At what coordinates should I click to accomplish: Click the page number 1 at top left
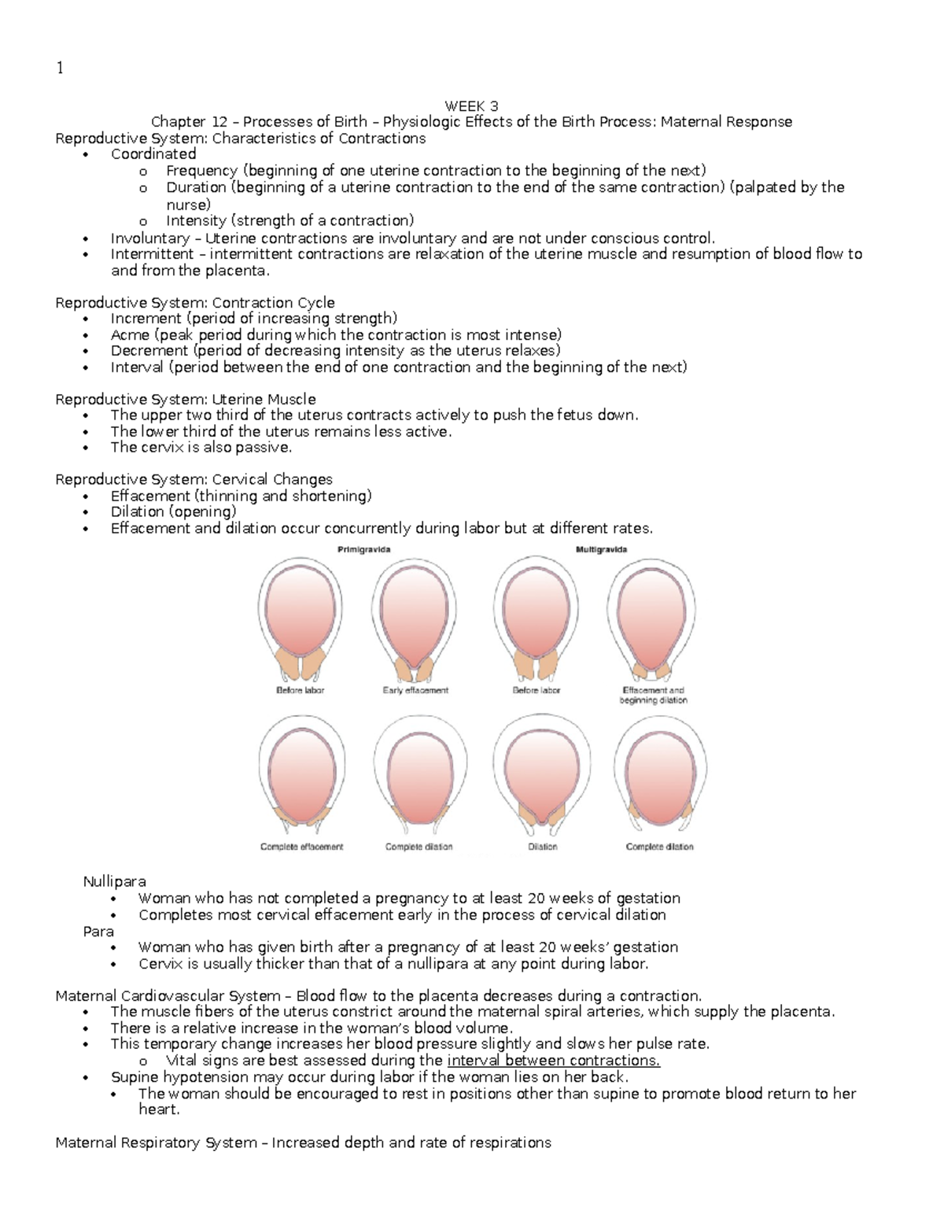59,68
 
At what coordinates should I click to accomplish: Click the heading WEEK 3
471,106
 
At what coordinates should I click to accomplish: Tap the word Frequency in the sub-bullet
201,171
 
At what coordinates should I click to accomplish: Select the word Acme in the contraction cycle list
130,334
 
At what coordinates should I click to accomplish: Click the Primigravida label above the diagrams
363,549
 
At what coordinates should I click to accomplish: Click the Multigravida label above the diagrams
602,549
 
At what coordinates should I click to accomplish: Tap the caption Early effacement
415,690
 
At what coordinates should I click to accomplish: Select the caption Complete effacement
301,847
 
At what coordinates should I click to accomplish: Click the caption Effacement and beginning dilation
653,695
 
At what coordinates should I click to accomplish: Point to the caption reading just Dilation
542,847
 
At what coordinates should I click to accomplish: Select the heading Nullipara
114,882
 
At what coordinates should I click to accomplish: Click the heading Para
98,931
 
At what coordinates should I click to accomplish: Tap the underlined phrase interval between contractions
553,1061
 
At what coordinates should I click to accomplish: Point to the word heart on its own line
158,1109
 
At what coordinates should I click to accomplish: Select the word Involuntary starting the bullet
149,238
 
